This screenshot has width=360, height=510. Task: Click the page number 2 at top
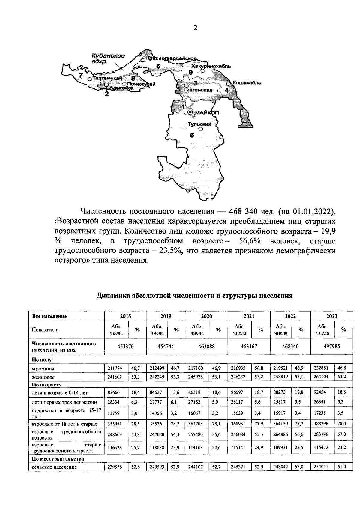click(x=195, y=28)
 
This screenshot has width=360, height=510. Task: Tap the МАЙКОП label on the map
click(x=207, y=113)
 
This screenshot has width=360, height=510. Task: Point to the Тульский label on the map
click(x=200, y=124)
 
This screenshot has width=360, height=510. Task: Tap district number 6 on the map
click(x=192, y=135)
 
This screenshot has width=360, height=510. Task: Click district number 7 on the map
click(x=80, y=76)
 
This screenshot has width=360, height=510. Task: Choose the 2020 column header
click(x=206, y=316)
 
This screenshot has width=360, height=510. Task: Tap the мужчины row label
click(x=43, y=368)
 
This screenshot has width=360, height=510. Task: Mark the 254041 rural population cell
click(x=322, y=467)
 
